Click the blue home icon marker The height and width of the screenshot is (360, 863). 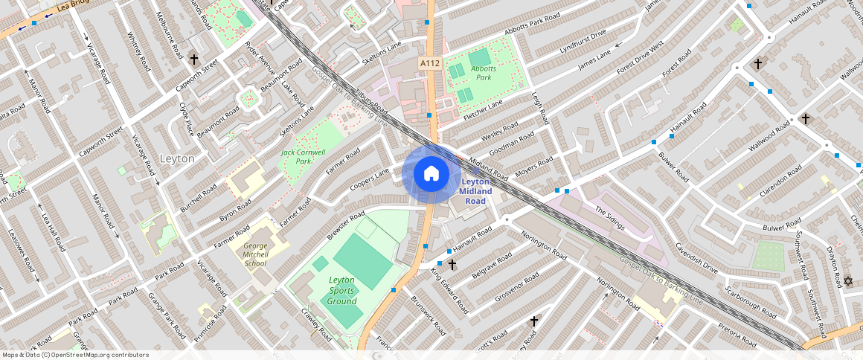(431, 174)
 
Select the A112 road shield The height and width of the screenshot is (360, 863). (429, 64)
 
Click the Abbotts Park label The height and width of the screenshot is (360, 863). (484, 73)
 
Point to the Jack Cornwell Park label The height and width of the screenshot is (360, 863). (303, 156)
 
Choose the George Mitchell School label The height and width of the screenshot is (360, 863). (255, 254)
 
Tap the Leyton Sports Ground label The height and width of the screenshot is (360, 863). (342, 290)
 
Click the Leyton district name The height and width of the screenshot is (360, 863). (177, 158)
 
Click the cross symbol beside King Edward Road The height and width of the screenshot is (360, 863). (452, 264)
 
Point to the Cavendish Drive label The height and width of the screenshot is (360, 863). (698, 260)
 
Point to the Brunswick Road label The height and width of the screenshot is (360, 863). (429, 315)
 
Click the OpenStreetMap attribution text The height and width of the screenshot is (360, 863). (75, 355)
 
